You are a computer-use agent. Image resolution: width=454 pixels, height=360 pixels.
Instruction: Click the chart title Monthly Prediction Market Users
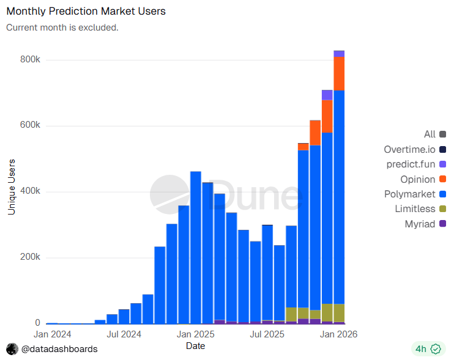86,11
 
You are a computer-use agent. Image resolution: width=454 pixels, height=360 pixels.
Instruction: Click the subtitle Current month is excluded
62,28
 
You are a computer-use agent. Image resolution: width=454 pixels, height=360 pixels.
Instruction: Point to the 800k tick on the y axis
29,60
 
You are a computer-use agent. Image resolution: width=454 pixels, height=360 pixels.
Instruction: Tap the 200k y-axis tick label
29,257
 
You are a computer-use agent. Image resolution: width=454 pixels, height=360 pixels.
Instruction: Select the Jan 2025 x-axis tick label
195,334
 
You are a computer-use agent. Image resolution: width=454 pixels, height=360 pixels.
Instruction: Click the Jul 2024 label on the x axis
124,334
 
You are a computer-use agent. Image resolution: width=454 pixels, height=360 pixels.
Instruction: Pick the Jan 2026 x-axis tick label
339,334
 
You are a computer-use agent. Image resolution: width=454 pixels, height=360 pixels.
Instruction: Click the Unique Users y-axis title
12,186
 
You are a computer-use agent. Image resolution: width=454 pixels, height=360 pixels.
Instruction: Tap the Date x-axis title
195,346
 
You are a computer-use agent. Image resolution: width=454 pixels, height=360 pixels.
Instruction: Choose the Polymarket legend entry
409,194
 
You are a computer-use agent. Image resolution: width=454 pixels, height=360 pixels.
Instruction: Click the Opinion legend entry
418,179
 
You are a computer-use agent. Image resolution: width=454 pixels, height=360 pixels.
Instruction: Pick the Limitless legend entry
415,209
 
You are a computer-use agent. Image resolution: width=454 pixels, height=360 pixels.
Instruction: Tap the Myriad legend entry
420,224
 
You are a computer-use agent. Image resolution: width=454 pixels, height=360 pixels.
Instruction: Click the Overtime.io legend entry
409,149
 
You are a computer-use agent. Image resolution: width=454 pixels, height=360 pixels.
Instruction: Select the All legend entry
430,134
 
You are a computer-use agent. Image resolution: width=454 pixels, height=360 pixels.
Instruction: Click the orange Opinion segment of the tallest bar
339,73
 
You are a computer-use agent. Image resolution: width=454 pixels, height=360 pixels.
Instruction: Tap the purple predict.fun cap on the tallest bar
339,54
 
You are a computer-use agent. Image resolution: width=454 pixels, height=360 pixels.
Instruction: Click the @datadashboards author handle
59,349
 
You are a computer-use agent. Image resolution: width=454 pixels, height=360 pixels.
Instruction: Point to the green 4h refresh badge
427,349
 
